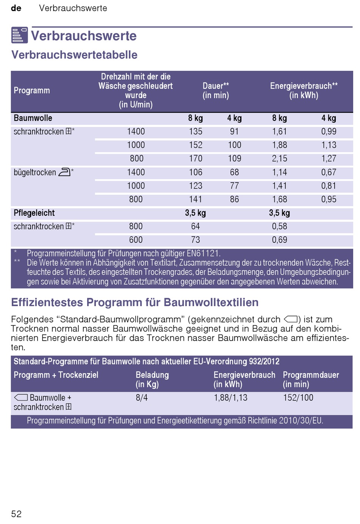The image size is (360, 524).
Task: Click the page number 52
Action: coord(16,514)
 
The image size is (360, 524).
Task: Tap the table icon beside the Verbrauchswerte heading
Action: coord(19,35)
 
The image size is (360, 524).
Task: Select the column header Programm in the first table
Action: coord(32,91)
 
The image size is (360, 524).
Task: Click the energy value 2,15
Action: coord(279,159)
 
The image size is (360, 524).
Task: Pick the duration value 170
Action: coord(196,159)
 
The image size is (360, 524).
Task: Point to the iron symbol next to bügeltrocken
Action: coord(64,172)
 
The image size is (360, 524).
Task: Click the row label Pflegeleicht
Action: coord(34,213)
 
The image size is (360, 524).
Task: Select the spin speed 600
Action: coord(136,240)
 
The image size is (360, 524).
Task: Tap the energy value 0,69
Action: coord(279,240)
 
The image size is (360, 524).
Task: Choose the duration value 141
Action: coord(196,199)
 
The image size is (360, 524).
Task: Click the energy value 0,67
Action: coord(329,172)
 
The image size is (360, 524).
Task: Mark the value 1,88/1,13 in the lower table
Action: coord(231,398)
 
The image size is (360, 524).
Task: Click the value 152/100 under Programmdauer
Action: coord(298,398)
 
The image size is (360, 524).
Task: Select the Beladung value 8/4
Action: coord(142,398)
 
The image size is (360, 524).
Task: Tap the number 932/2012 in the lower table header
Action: coord(264,361)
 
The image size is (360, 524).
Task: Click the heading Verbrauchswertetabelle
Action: coord(74,55)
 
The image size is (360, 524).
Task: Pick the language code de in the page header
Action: coord(16,8)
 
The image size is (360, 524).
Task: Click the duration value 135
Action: coord(196,131)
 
